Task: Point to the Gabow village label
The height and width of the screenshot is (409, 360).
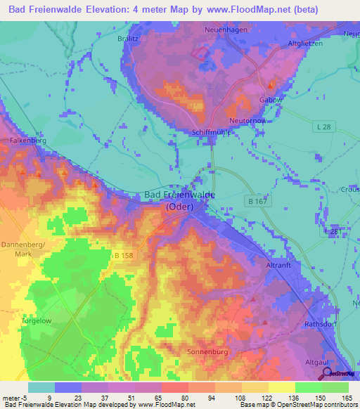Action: pyautogui.click(x=271, y=100)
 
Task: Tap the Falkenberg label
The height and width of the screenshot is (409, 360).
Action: pyautogui.click(x=27, y=141)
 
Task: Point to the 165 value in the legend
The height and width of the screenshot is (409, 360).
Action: pyautogui.click(x=346, y=397)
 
